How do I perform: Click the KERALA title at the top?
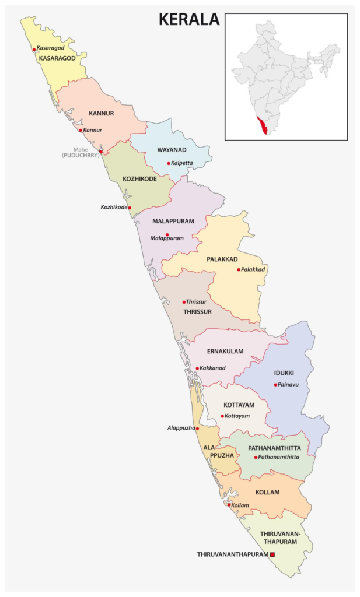pos(189,19)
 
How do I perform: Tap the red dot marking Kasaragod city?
pos(34,50)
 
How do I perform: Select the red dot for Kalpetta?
pos(169,163)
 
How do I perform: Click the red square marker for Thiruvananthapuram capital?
pos(272,554)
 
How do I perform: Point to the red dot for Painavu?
pos(275,385)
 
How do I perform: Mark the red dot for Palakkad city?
pos(239,269)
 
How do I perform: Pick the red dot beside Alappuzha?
pos(197,428)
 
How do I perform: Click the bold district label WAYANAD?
pos(172,150)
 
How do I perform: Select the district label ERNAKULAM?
pos(225,351)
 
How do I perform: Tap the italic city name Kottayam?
pos(237,416)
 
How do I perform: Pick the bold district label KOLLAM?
pos(267,492)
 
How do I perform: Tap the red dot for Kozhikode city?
pos(130,208)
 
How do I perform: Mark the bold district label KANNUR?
pos(101,113)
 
